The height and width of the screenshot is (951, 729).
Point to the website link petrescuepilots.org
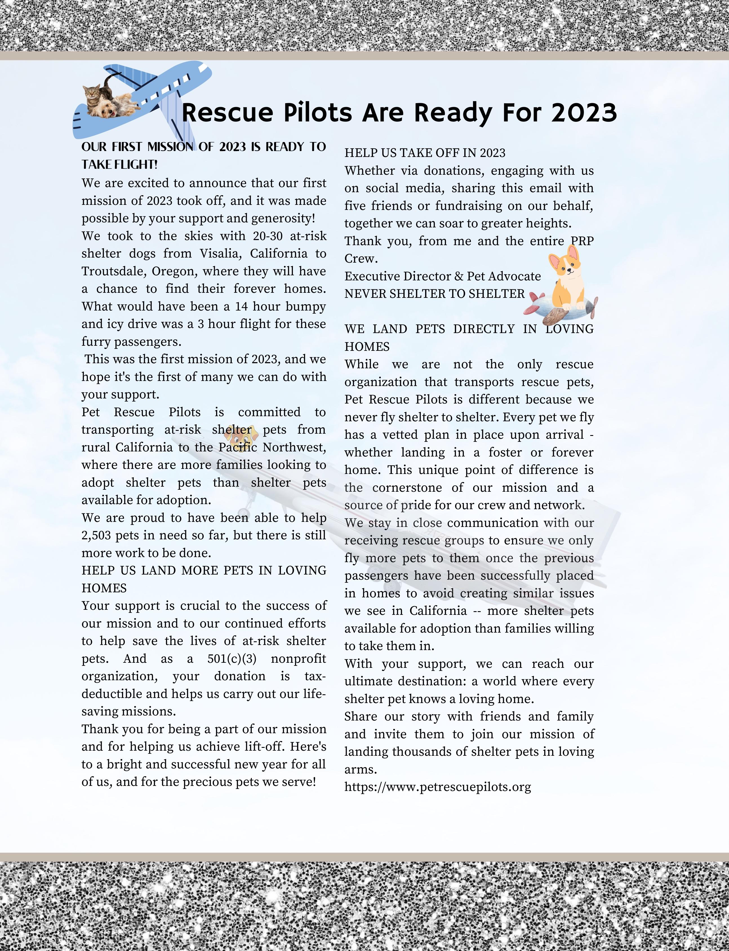click(437, 787)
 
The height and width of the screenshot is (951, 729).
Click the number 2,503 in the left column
click(97, 535)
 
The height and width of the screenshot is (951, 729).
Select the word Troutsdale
click(112, 271)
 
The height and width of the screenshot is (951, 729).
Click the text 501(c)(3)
click(232, 659)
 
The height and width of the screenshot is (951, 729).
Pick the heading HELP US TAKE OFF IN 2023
click(425, 153)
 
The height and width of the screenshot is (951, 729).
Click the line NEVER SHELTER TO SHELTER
click(434, 294)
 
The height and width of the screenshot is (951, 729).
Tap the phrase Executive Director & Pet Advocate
click(442, 276)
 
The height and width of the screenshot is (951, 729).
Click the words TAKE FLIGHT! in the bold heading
click(119, 165)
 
